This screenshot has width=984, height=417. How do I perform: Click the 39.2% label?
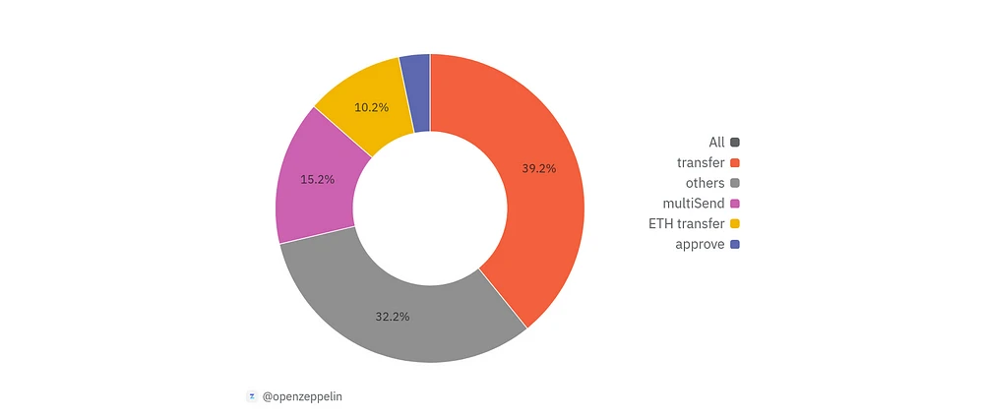click(538, 168)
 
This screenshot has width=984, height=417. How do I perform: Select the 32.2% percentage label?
click(393, 317)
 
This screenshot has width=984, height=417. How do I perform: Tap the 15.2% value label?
click(317, 180)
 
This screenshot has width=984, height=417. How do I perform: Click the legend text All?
click(716, 143)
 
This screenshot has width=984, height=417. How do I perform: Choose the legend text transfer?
click(701, 162)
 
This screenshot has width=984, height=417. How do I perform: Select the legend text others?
click(705, 183)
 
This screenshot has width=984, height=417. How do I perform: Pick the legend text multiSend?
click(694, 204)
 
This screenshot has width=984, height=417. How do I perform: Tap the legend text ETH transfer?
click(686, 224)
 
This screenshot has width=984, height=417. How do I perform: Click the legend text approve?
click(700, 244)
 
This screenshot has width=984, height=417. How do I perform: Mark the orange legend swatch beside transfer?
click(735, 162)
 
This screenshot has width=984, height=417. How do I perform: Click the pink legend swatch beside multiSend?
click(735, 204)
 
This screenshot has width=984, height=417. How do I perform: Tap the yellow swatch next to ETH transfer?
click(735, 224)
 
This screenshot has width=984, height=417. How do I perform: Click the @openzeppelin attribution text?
click(303, 396)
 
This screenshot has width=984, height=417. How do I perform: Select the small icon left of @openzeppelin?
click(251, 396)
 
